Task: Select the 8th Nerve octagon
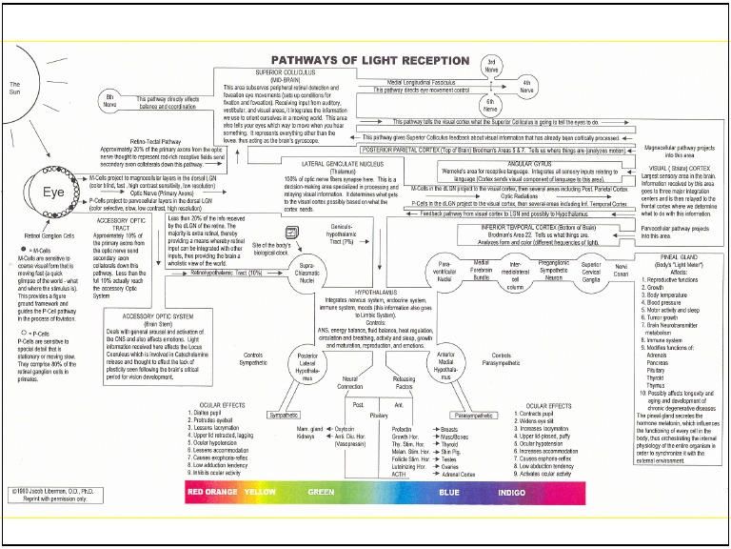pyautogui.click(x=109, y=97)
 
